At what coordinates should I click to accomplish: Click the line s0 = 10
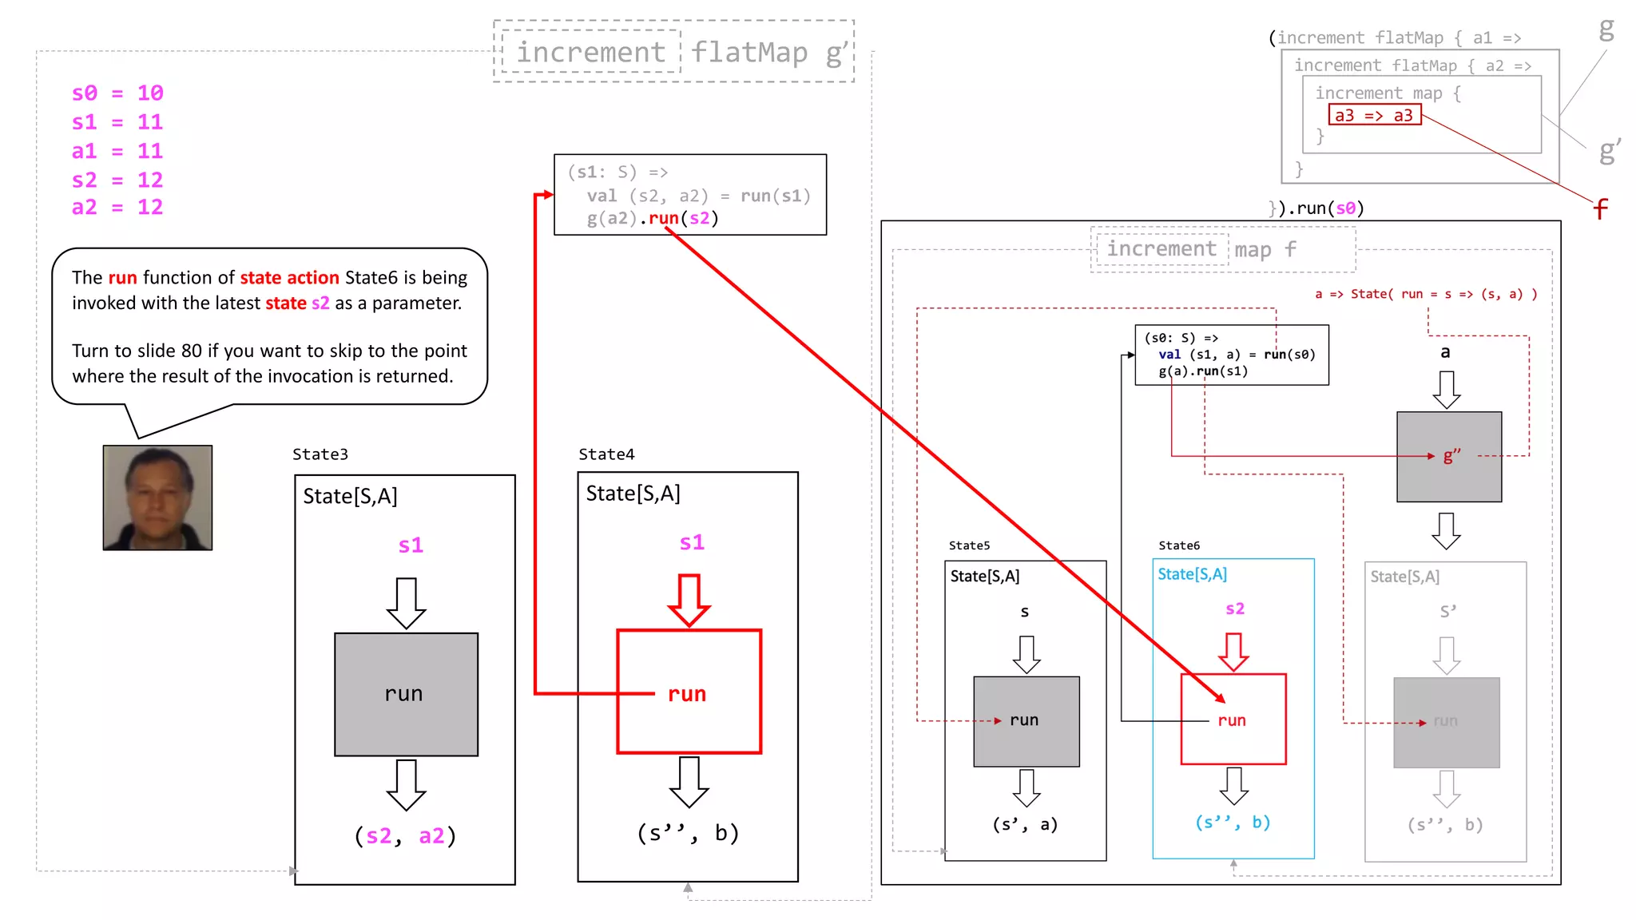click(x=117, y=93)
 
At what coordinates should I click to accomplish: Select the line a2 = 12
click(x=117, y=208)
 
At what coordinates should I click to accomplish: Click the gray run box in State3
click(x=406, y=694)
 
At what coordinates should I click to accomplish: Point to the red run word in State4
click(x=687, y=694)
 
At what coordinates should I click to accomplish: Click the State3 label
click(x=320, y=454)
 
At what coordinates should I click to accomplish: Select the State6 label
click(x=1179, y=545)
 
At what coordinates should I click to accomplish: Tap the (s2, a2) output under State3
click(x=405, y=836)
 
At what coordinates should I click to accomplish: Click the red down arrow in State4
click(x=689, y=599)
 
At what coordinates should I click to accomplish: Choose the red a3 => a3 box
click(x=1374, y=116)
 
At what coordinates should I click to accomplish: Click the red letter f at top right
click(x=1600, y=209)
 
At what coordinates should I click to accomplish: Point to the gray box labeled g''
click(x=1449, y=457)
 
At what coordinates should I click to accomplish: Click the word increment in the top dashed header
click(x=590, y=53)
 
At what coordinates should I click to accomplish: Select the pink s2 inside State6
click(x=1234, y=609)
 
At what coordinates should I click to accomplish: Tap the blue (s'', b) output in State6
click(x=1233, y=823)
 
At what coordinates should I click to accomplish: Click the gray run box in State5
click(x=1026, y=721)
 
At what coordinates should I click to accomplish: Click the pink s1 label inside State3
click(x=411, y=545)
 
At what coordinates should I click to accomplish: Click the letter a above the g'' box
click(x=1445, y=352)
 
